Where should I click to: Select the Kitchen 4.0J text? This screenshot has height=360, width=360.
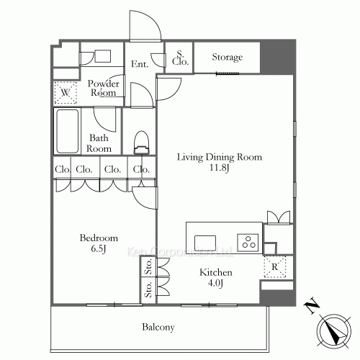click(216, 278)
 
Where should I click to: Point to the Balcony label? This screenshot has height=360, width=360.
click(158, 328)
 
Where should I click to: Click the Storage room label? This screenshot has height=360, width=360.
click(227, 57)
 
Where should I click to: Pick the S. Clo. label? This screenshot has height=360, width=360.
click(179, 58)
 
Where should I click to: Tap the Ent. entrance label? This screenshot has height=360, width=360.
click(140, 65)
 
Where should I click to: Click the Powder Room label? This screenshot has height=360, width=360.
click(103, 88)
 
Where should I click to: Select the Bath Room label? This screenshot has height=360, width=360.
click(99, 143)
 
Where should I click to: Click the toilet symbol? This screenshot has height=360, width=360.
click(142, 142)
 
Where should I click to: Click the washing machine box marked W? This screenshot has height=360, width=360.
click(66, 93)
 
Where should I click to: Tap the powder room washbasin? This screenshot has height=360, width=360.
click(102, 56)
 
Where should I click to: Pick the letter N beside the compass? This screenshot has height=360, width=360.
click(311, 307)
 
